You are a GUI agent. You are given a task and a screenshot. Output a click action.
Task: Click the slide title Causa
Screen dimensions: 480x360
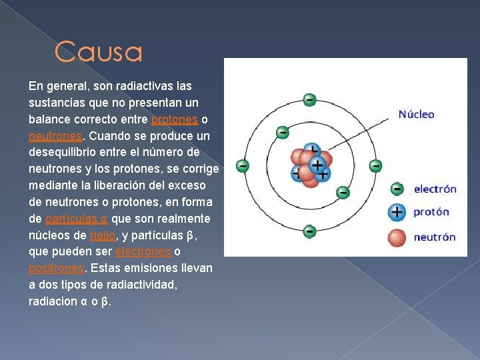coord(99,51)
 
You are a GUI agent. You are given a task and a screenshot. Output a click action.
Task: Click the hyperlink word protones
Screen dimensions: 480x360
coord(175,119)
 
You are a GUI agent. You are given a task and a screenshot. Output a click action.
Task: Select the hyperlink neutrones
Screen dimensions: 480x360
coord(55,136)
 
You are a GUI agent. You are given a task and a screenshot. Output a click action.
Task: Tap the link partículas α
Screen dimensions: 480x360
coord(77,219)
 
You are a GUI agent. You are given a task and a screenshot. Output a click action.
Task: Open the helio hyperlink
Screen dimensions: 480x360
coord(103,235)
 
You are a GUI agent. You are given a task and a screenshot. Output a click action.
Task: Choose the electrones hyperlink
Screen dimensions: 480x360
coord(143,251)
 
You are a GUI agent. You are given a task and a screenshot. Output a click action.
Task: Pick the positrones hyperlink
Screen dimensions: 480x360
coord(56,269)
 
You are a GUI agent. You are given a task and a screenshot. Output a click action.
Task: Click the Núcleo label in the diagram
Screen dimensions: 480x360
coord(416,115)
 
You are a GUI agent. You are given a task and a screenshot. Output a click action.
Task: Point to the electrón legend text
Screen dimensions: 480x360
coord(435,189)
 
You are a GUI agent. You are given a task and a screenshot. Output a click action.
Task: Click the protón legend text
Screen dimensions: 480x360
coord(431,212)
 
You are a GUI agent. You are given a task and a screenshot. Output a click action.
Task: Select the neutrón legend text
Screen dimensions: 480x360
coord(435,237)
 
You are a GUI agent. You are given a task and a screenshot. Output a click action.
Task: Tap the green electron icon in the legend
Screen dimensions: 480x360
coord(397,189)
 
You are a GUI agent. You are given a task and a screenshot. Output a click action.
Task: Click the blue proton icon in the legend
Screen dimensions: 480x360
coord(397,212)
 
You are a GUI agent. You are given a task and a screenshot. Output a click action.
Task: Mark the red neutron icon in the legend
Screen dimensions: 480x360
coord(397,238)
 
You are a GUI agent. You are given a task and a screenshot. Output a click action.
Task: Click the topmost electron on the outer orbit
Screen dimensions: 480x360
coord(309,100)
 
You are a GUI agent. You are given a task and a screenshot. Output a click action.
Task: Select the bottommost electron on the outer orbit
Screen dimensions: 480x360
coord(309,231)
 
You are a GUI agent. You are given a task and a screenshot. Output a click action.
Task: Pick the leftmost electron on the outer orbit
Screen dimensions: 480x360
coord(243,166)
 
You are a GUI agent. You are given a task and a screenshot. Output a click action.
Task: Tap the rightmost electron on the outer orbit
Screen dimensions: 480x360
coord(375,166)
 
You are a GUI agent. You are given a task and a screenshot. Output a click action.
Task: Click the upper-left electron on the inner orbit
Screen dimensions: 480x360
coord(283,133)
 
